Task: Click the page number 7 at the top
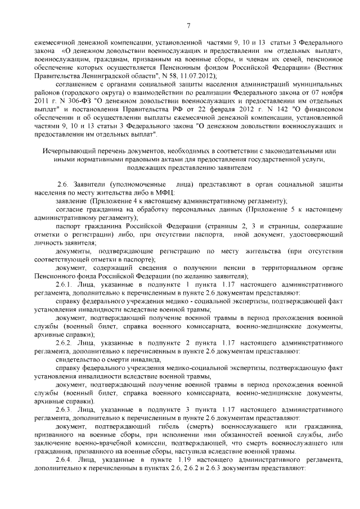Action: tap(189, 24)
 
